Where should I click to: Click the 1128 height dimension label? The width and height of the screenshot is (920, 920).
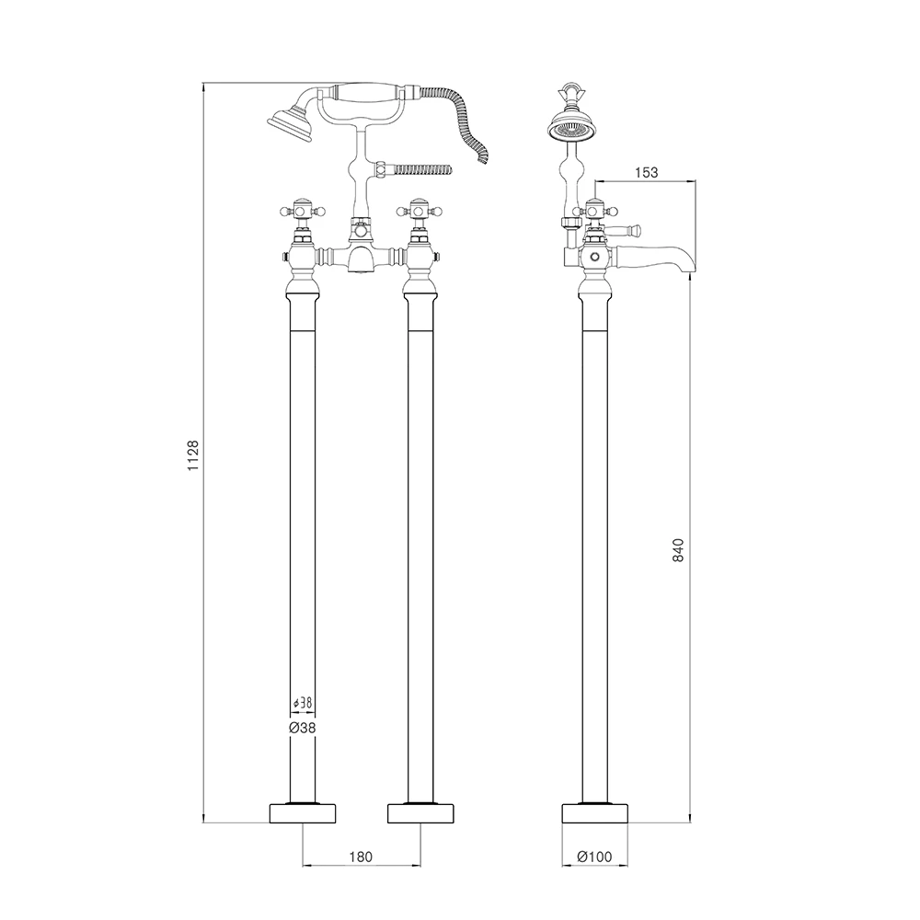tap(192, 456)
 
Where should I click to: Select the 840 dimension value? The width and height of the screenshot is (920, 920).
tap(679, 549)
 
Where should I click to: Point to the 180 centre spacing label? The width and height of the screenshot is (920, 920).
tap(362, 856)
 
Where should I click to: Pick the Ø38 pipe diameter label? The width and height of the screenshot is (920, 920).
tap(302, 727)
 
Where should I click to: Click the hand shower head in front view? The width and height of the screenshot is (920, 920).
tap(291, 124)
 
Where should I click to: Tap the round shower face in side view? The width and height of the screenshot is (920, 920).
tap(570, 128)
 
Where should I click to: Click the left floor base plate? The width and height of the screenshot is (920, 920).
tap(302, 813)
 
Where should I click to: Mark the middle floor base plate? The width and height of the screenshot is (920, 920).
tap(421, 813)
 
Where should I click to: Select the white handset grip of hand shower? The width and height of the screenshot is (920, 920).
tap(369, 92)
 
